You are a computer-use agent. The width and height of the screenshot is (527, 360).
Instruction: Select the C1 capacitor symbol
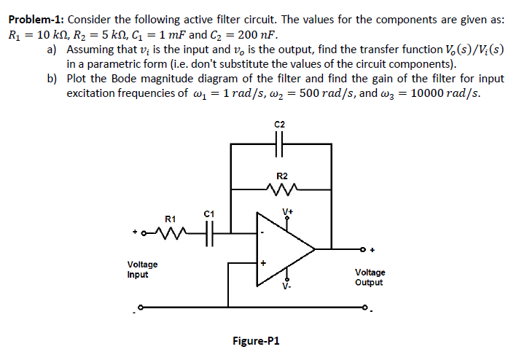tap(208, 233)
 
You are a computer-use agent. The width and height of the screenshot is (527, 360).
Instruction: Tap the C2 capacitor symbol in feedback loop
tap(281, 144)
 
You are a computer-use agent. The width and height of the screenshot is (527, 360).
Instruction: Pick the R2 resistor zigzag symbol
tap(281, 192)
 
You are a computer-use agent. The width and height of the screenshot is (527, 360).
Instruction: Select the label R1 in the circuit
tap(170, 218)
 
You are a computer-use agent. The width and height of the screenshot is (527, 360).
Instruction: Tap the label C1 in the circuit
tap(208, 214)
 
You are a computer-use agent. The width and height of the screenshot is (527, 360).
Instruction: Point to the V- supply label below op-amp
tap(289, 286)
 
